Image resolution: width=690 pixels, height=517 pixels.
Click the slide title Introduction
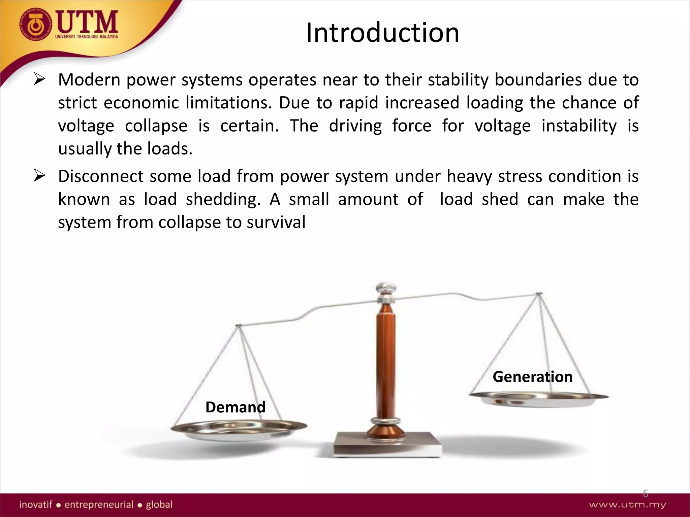point(382,33)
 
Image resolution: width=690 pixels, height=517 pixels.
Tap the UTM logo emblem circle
point(35,25)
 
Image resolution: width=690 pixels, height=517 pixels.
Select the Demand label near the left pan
point(235,407)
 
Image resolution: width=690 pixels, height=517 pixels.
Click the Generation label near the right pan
point(532,377)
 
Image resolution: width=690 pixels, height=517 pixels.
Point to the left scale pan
point(239,430)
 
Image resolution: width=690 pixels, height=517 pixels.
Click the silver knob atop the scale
point(386,288)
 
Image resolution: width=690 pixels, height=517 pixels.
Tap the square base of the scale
point(387,444)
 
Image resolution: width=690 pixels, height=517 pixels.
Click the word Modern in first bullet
point(89,80)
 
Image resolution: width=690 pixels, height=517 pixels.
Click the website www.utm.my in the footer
point(627,505)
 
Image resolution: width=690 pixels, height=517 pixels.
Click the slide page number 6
point(645,493)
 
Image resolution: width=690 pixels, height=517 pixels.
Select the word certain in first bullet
point(249,126)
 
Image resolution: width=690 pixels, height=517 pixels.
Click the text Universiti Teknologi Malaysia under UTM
point(87,36)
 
